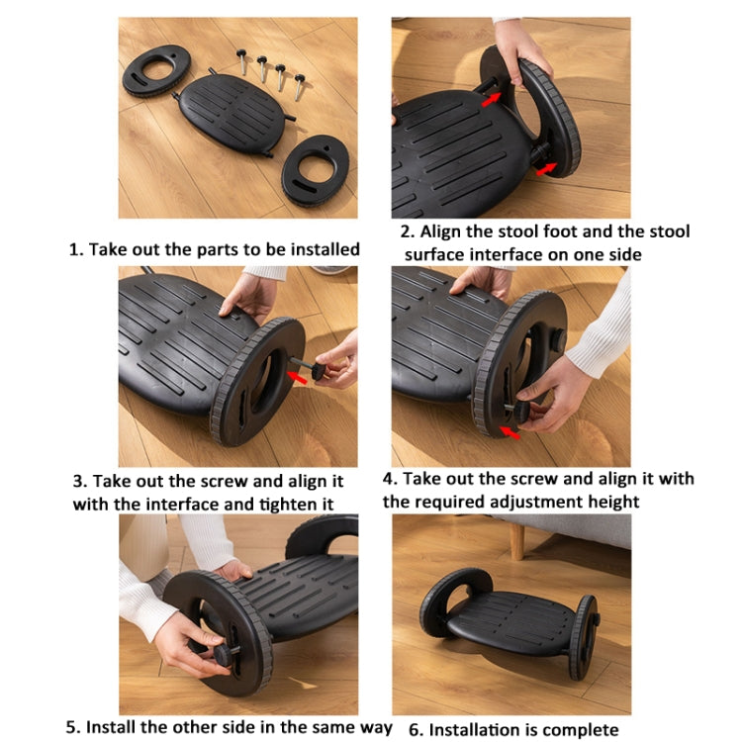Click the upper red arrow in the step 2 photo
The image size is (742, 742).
(490, 96)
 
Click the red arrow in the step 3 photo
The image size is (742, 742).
(298, 377)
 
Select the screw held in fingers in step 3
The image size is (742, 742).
(321, 371)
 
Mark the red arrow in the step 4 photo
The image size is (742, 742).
(510, 429)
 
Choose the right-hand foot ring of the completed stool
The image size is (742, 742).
(583, 636)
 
